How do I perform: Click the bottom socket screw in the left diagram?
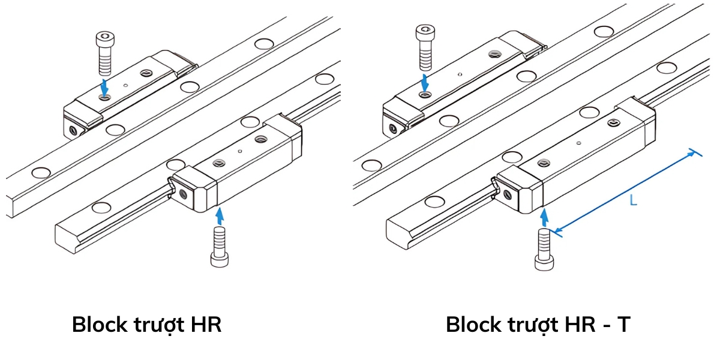219,247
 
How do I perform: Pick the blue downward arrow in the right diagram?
425,82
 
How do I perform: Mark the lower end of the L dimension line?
556,231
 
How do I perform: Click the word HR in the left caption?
206,325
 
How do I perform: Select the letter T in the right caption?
623,325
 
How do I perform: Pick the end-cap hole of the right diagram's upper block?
392,128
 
